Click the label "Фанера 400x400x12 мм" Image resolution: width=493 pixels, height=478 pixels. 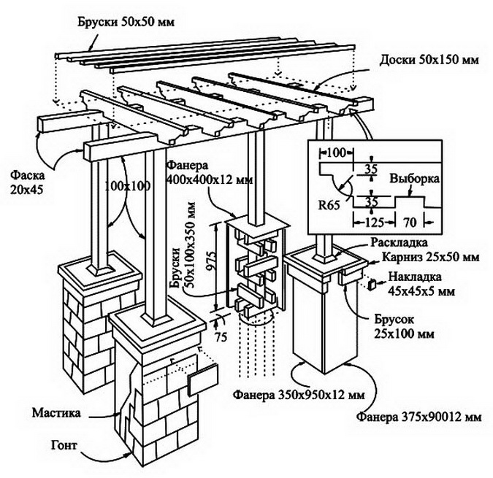[x=205, y=172]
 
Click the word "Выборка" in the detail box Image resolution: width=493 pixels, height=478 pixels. [x=414, y=178]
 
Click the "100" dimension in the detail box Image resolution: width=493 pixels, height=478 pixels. [x=335, y=153]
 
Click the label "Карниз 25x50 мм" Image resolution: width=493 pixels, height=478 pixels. [x=429, y=257]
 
